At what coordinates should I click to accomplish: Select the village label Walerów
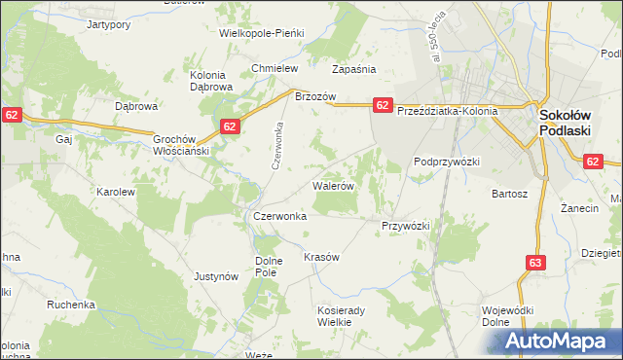pyautogui.click(x=333, y=184)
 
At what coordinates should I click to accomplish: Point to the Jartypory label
pyautogui.click(x=108, y=24)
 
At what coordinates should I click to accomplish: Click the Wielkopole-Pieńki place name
pyautogui.click(x=262, y=32)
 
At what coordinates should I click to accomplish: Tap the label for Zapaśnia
pyautogui.click(x=353, y=70)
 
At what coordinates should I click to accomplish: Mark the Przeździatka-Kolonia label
pyautogui.click(x=447, y=111)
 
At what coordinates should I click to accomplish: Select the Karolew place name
pyautogui.click(x=115, y=192)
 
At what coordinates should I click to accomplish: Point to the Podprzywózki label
pyautogui.click(x=447, y=162)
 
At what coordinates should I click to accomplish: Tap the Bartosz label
pyautogui.click(x=509, y=194)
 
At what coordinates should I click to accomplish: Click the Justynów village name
pyautogui.click(x=216, y=276)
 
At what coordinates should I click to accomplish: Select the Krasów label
pyautogui.click(x=321, y=257)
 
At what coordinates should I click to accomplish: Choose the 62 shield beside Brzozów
pyautogui.click(x=382, y=104)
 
